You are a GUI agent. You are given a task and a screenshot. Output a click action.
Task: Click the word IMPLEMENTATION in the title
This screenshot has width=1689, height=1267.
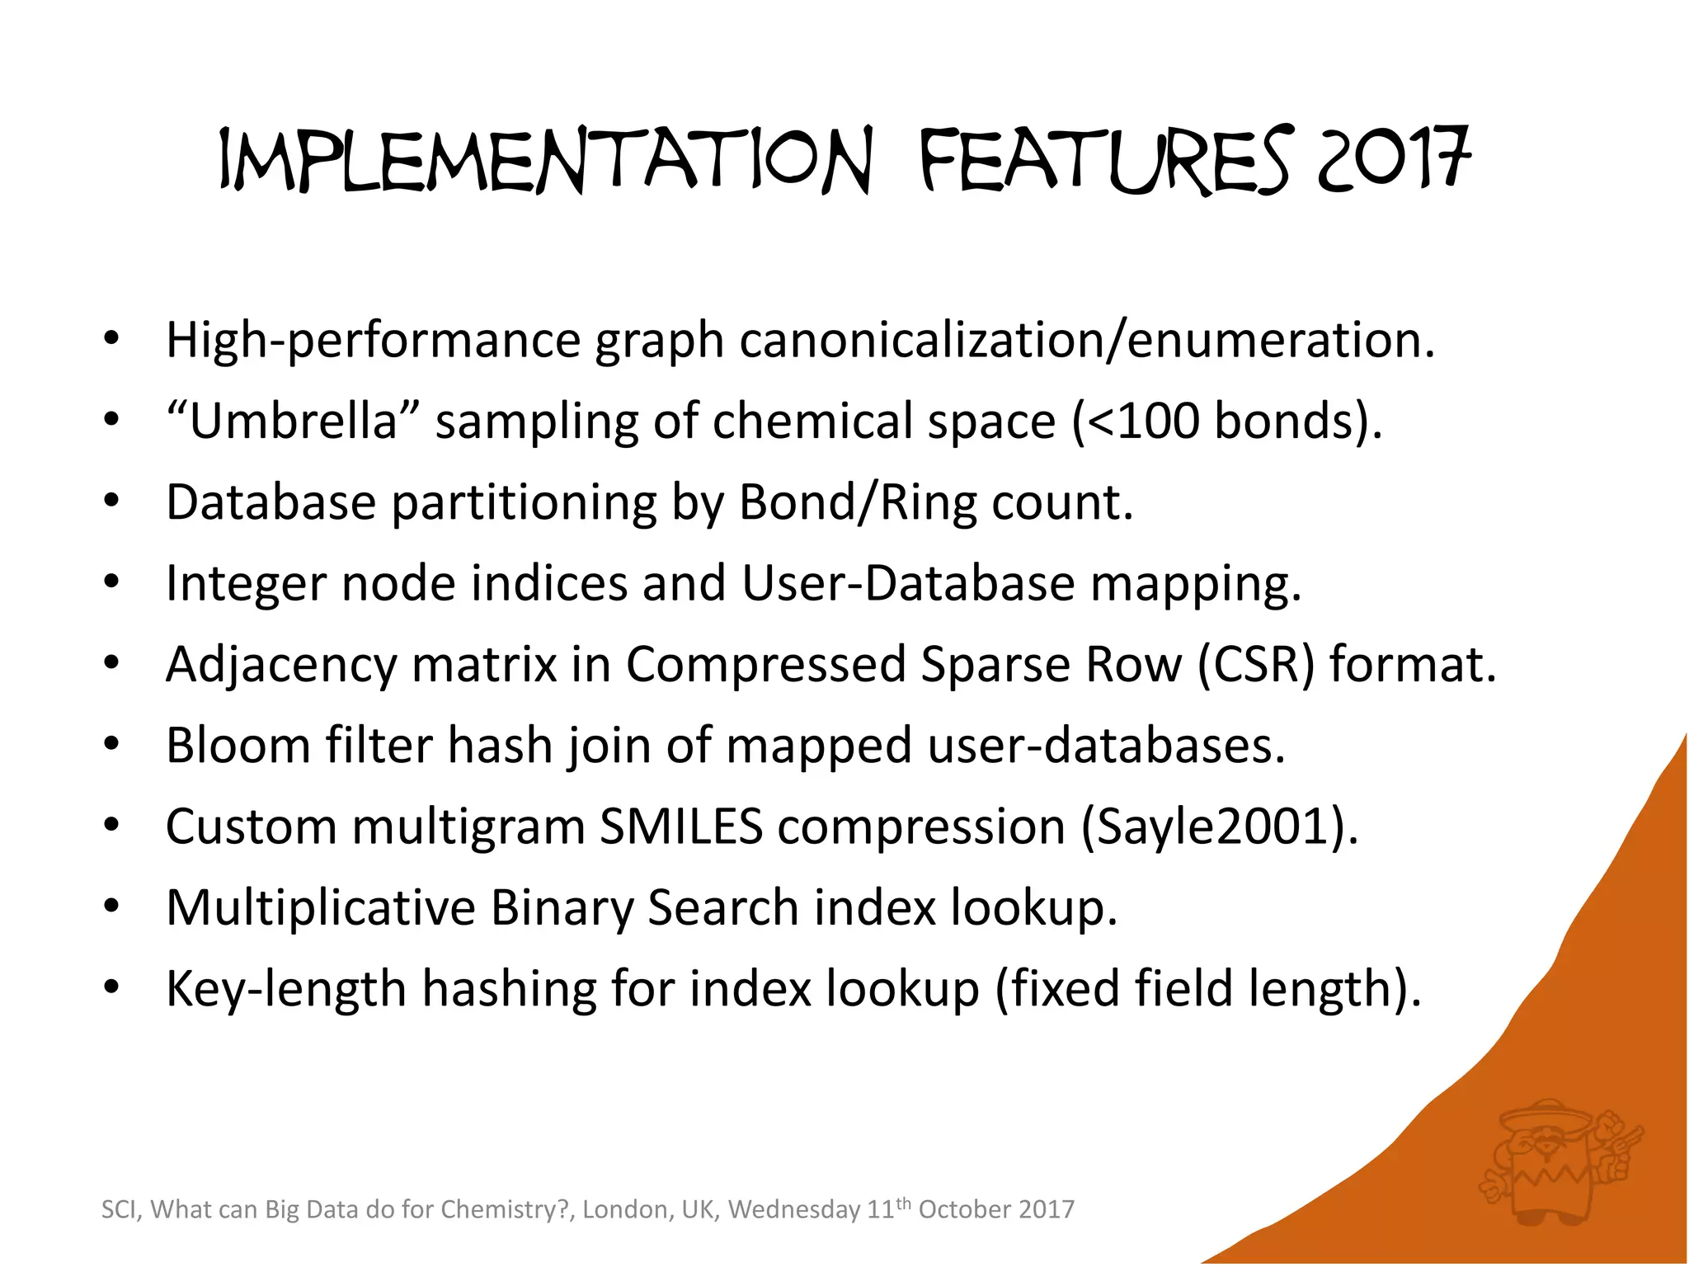pyautogui.click(x=544, y=161)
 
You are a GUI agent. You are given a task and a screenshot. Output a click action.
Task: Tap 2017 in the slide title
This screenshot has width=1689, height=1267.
pyautogui.click(x=1394, y=158)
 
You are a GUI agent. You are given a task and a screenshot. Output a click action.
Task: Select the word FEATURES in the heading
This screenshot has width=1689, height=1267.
pyautogui.click(x=1103, y=161)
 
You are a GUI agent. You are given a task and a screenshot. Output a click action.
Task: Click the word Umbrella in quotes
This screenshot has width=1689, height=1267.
pyautogui.click(x=294, y=421)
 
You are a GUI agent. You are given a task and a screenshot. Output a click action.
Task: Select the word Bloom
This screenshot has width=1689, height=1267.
pyautogui.click(x=238, y=745)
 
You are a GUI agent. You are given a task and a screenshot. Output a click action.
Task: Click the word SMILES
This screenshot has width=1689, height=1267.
pyautogui.click(x=681, y=827)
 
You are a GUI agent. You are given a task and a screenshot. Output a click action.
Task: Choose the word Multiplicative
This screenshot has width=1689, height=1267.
pyautogui.click(x=321, y=907)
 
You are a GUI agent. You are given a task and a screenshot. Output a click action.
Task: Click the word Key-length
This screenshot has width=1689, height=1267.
pyautogui.click(x=286, y=988)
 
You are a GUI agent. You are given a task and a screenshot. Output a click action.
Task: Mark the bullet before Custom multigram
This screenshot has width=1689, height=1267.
pyautogui.click(x=112, y=825)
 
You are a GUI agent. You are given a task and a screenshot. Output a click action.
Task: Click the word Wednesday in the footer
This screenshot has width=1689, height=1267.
pyautogui.click(x=794, y=1209)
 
